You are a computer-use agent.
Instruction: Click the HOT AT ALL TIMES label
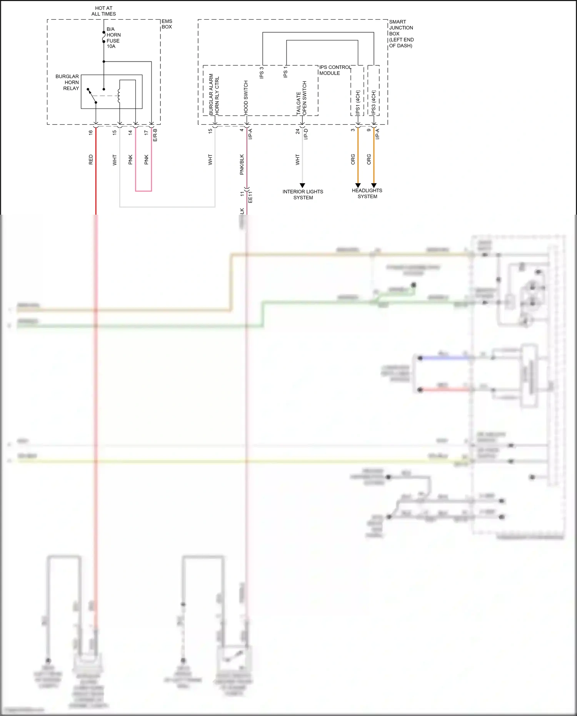point(103,11)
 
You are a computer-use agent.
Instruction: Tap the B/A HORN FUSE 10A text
point(113,38)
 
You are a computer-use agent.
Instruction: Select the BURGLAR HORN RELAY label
point(68,82)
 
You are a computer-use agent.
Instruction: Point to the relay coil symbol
point(119,96)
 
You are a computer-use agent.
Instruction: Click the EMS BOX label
point(167,24)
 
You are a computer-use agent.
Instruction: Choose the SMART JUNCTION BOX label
point(401,33)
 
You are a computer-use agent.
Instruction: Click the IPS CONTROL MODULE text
point(335,70)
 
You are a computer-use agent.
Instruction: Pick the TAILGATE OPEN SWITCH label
point(302,98)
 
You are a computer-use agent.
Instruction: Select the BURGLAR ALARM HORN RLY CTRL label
point(214,95)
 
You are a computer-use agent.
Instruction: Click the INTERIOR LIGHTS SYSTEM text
point(303,195)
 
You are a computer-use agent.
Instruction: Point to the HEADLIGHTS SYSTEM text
point(367,194)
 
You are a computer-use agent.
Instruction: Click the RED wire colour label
point(91,160)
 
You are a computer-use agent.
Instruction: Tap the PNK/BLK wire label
point(242,165)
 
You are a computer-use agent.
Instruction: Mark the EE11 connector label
point(250,196)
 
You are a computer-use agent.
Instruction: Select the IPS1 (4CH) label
point(358,103)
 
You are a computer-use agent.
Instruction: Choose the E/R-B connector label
point(155,135)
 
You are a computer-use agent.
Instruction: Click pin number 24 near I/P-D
point(297,131)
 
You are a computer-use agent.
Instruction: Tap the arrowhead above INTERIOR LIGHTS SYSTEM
point(302,185)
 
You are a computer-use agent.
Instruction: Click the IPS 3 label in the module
point(262,73)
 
